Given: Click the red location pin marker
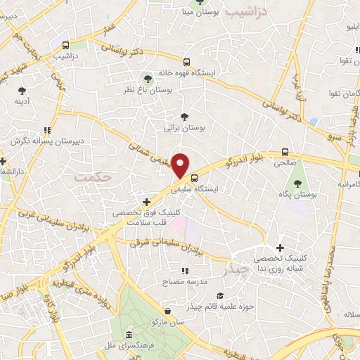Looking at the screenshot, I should coord(181,165).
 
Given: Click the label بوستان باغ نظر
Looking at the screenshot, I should coord(149,91).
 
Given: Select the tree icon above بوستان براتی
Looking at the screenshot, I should coord(184,117).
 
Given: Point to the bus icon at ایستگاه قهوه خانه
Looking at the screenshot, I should coord(186,61).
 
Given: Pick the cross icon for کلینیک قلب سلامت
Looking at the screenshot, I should coord(146,202).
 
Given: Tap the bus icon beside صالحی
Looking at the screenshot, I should coord(285,151).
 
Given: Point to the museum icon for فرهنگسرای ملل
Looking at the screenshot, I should coord(128,335).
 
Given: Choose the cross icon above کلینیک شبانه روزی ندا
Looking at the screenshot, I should coord(281,247).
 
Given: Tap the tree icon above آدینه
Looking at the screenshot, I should coord(22,90).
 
